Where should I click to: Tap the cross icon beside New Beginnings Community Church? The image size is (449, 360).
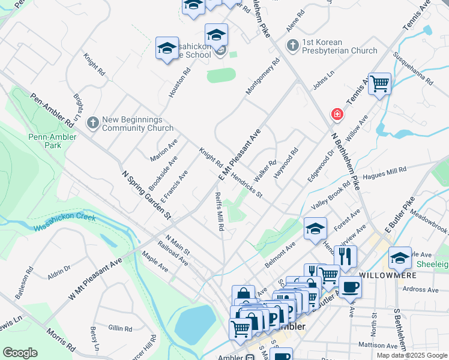92,122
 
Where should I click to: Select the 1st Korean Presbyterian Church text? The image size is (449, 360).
339,47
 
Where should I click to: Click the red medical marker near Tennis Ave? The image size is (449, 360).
337,113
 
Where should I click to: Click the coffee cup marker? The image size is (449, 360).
350,286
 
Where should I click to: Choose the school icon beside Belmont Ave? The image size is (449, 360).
315,229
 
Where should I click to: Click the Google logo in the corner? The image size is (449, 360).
20,353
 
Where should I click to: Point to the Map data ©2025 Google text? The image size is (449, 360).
411,355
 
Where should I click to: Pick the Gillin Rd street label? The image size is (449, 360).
121,328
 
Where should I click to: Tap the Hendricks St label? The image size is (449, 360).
247,187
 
